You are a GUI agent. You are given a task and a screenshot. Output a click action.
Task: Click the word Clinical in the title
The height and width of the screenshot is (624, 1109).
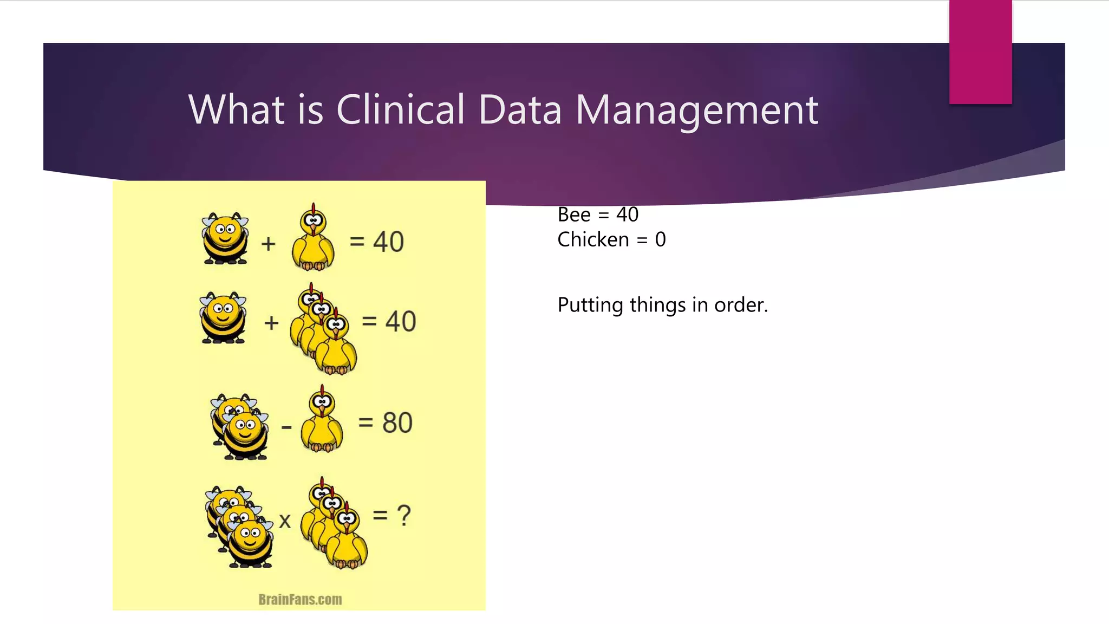tap(400, 109)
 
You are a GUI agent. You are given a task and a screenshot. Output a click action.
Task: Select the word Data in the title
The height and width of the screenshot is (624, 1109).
tap(520, 109)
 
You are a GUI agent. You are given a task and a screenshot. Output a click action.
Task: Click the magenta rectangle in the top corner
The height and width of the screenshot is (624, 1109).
tap(980, 52)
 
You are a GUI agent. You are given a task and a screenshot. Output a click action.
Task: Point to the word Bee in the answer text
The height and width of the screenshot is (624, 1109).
tap(574, 215)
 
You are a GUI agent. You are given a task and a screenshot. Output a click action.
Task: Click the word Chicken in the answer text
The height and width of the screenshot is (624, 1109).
tap(593, 239)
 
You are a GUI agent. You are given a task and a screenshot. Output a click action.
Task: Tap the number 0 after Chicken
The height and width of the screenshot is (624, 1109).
tap(660, 239)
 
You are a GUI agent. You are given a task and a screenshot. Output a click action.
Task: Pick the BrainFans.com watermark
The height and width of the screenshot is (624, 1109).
tap(300, 600)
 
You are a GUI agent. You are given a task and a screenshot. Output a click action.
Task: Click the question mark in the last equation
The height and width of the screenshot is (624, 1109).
tap(404, 515)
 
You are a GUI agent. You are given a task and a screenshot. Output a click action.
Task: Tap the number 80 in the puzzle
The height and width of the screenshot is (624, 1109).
tap(397, 422)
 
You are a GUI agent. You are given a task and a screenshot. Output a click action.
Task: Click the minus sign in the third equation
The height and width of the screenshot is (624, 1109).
tap(286, 428)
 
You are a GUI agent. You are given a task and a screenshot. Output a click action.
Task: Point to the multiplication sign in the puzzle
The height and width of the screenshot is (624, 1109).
tap(285, 521)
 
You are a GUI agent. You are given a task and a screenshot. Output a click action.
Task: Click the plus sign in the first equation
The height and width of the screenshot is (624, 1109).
tap(268, 244)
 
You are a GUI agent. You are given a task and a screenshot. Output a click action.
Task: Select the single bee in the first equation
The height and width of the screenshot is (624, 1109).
tap(225, 238)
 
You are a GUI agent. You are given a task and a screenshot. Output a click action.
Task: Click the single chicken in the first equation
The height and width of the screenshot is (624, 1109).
tap(313, 238)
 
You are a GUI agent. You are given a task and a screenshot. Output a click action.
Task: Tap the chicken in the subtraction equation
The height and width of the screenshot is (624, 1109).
tap(322, 420)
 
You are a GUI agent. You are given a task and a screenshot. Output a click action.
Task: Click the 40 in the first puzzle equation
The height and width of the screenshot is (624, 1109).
tap(388, 242)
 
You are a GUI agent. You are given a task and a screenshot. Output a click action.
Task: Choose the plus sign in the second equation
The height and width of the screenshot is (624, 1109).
tap(271, 323)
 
